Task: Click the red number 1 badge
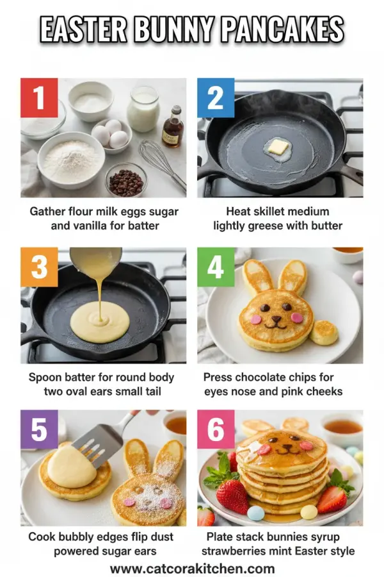[x=39, y=97]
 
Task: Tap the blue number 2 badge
[x=216, y=97]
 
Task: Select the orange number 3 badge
[x=39, y=267]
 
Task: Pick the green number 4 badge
[x=216, y=267]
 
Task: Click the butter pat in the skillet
[x=278, y=147]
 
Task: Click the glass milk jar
[x=143, y=109]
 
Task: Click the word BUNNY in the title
[x=164, y=30]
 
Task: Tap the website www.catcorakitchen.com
[x=192, y=568]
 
